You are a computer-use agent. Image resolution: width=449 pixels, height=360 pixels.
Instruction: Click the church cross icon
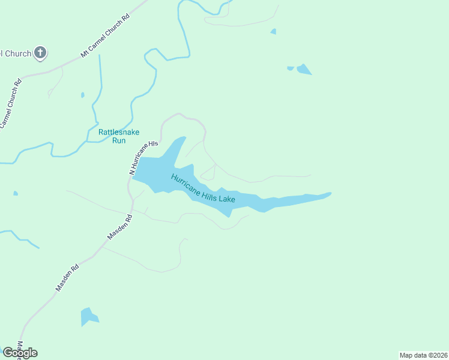click(x=40, y=53)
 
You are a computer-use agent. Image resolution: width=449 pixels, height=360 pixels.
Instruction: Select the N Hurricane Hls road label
click(x=143, y=157)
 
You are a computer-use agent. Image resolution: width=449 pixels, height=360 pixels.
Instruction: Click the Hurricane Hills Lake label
click(x=203, y=188)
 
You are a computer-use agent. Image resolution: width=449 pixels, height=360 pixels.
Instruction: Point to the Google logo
click(x=20, y=352)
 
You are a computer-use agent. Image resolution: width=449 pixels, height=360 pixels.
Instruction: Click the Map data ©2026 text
click(x=423, y=355)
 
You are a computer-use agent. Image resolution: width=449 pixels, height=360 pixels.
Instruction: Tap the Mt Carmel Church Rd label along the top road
click(x=106, y=37)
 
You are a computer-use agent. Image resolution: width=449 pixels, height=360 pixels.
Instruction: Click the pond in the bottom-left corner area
click(x=88, y=316)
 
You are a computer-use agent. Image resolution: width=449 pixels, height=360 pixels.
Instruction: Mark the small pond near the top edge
click(x=274, y=31)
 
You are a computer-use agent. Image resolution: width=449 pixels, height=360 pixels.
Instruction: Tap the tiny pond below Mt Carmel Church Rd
click(x=82, y=95)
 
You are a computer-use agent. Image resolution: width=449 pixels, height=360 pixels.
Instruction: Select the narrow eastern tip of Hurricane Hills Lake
click(x=324, y=194)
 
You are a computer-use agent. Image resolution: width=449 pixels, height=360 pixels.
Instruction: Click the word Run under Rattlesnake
click(x=119, y=140)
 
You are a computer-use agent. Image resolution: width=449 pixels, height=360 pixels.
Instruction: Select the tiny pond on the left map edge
click(x=15, y=193)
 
